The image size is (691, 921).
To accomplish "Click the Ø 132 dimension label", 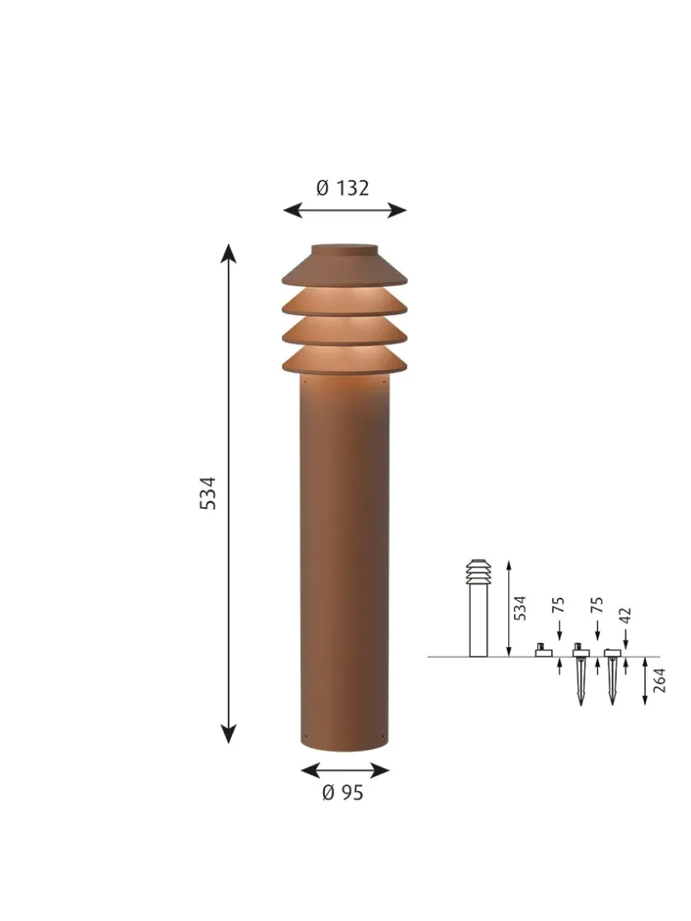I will [x=342, y=188].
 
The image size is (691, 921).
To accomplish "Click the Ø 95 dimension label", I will [x=342, y=793].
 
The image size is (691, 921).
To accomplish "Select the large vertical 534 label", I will [x=209, y=493].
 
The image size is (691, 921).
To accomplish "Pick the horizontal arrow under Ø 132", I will [x=345, y=211].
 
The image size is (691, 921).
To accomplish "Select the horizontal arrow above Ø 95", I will [x=345, y=771].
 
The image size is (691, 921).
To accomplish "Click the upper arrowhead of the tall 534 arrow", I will [x=229, y=252].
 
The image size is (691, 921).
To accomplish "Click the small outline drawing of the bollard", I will [x=477, y=609].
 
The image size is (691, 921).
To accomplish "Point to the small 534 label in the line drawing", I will [x=520, y=609].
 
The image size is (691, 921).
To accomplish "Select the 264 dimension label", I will [x=660, y=681].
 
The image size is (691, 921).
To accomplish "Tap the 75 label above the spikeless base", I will [x=559, y=607].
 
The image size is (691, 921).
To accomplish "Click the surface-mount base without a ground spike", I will [x=542, y=651].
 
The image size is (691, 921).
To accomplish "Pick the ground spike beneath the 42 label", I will [x=611, y=678].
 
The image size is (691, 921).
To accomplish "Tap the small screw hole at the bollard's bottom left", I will [x=304, y=734].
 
